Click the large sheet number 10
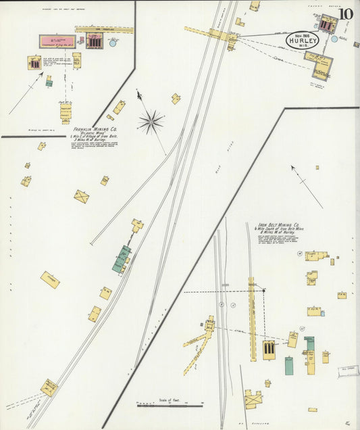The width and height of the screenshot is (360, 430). (346, 14)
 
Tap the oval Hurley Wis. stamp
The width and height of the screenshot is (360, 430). (301, 40)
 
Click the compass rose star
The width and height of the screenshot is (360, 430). (151, 122)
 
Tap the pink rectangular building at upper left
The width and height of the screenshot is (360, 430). (57, 41)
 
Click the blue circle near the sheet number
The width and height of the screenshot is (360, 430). (334, 39)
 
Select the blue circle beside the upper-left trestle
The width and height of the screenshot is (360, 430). (113, 42)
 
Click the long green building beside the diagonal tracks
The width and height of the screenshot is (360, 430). (122, 259)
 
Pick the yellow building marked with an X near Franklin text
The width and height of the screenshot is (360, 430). (82, 197)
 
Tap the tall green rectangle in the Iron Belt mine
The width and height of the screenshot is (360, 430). (288, 366)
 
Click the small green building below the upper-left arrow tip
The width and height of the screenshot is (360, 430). (49, 83)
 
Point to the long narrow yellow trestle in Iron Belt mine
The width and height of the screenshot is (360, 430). (253, 309)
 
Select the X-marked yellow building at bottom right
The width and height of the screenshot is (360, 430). (254, 400)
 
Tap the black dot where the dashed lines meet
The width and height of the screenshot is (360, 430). (263, 291)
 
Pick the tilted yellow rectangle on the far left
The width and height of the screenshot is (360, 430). (50, 279)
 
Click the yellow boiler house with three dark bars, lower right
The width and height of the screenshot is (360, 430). (269, 350)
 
